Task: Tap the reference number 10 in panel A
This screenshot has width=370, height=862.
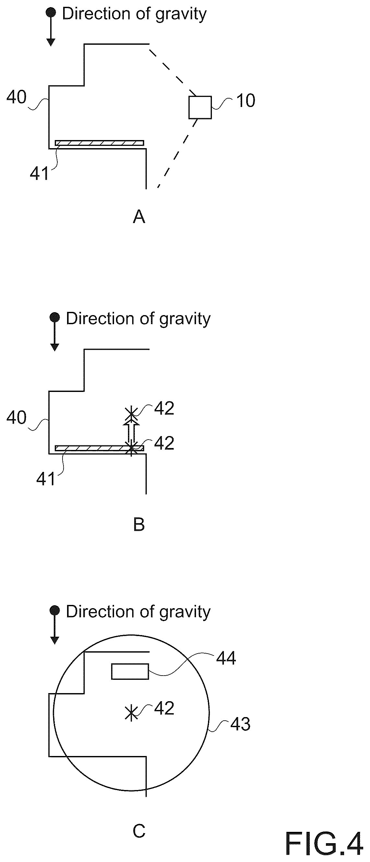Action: [x=246, y=100]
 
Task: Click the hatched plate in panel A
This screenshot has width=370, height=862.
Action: [x=99, y=143]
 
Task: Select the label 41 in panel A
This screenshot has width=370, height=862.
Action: [x=39, y=173]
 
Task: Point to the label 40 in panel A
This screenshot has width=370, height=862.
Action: [x=17, y=97]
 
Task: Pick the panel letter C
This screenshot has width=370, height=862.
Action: [x=139, y=831]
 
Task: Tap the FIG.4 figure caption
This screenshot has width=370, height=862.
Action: [x=324, y=844]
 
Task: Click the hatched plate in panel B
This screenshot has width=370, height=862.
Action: [x=99, y=448]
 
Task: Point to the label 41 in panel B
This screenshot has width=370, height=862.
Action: [x=45, y=479]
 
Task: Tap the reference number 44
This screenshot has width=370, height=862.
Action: [x=226, y=658]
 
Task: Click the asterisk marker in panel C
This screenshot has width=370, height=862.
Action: [x=131, y=713]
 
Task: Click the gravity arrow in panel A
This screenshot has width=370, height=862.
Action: [x=51, y=27]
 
